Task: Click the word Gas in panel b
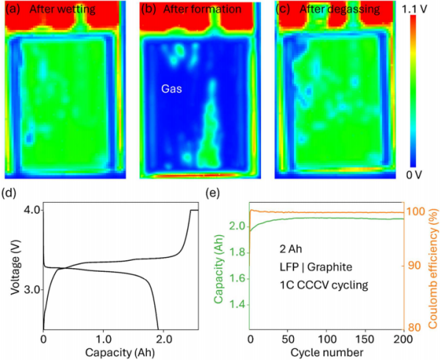click(171, 89)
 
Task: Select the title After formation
click(202, 10)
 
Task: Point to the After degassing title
click(340, 10)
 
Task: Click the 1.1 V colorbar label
click(415, 10)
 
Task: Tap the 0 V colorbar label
click(414, 175)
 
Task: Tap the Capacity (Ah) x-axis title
click(120, 353)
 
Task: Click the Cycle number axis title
click(326, 352)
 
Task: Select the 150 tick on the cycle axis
click(365, 339)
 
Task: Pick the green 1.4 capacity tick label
click(239, 306)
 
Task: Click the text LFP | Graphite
click(316, 267)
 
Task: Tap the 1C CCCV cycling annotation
click(323, 285)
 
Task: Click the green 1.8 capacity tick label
click(239, 253)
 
